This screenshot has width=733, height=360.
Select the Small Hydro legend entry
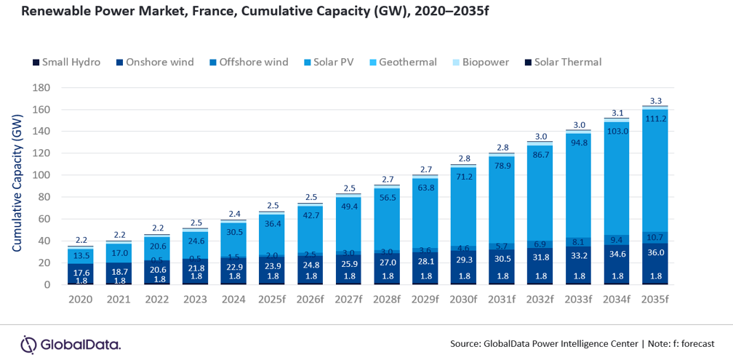[66, 63]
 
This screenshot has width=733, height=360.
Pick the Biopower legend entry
[480, 63]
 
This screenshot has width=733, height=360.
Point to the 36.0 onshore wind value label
[656, 252]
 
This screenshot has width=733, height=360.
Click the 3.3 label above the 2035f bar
[656, 101]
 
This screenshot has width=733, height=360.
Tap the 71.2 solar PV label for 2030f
[465, 177]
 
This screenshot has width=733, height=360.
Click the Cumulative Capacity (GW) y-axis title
[16, 185]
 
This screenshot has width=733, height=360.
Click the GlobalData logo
[71, 344]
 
